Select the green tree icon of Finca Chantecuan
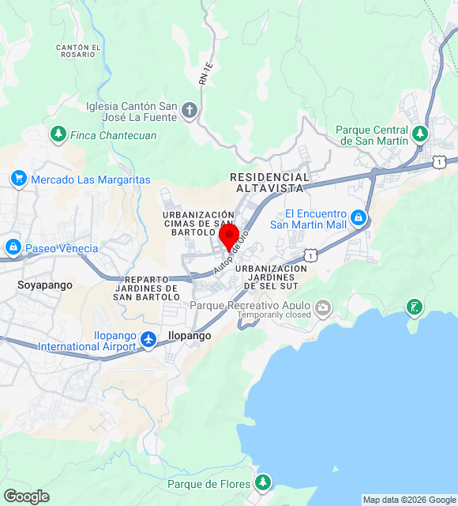pyautogui.click(x=58, y=135)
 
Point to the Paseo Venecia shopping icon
pyautogui.click(x=13, y=248)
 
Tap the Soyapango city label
pyautogui.click(x=45, y=285)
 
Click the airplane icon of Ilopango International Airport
pyautogui.click(x=148, y=340)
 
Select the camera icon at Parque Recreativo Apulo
pyautogui.click(x=322, y=306)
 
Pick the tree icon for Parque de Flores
pyautogui.click(x=263, y=482)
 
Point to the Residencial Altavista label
pyautogui.click(x=269, y=183)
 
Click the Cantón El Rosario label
pyautogui.click(x=78, y=51)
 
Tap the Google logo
pyautogui.click(x=26, y=497)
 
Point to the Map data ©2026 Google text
pyautogui.click(x=409, y=500)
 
